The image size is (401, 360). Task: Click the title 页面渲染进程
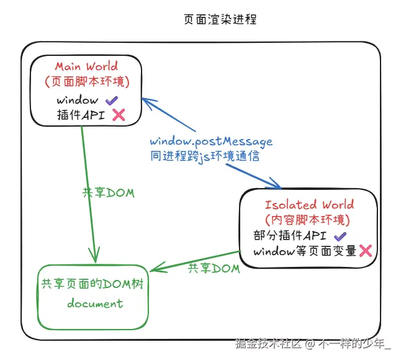(x=220, y=20)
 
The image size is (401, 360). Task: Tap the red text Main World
(x=86, y=66)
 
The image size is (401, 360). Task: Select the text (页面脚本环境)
(x=86, y=81)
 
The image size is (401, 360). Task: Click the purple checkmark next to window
(x=111, y=100)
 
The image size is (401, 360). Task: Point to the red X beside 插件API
(x=118, y=114)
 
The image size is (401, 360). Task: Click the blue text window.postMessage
(x=211, y=142)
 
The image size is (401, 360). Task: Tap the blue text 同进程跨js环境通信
(x=204, y=156)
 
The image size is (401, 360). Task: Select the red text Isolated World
(x=309, y=205)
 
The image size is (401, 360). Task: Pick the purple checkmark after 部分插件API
(x=340, y=236)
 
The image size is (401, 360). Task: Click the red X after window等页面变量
(x=366, y=251)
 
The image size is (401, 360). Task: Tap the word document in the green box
(x=95, y=304)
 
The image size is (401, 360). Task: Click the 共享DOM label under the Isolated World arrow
(x=214, y=269)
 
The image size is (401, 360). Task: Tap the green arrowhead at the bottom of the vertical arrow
(x=95, y=256)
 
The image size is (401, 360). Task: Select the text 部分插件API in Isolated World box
(x=290, y=236)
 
